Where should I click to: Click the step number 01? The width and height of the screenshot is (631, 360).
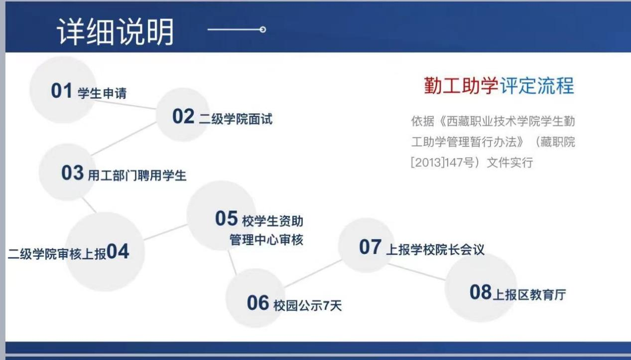(x=61, y=91)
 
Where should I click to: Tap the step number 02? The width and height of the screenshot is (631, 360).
(x=183, y=117)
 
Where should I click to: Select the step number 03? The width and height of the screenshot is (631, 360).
(x=72, y=173)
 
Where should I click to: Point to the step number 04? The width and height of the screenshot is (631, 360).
(x=118, y=251)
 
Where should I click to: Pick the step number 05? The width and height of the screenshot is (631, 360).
(x=227, y=218)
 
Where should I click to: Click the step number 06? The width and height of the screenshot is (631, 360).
(x=258, y=303)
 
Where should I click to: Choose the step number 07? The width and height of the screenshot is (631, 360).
(x=371, y=247)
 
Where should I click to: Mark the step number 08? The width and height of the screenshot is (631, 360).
(x=481, y=292)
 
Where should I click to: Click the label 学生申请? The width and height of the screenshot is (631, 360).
(x=102, y=93)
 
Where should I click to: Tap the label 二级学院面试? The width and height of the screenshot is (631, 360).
(x=236, y=119)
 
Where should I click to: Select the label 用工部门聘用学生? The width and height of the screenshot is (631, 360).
(x=137, y=175)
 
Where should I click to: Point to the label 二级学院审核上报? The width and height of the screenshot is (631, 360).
(x=57, y=254)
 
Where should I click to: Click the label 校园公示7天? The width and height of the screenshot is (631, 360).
(x=308, y=306)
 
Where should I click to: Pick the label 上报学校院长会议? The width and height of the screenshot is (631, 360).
(x=435, y=249)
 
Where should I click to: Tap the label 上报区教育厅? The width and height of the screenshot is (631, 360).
(x=529, y=295)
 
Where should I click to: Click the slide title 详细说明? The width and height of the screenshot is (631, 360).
(x=115, y=31)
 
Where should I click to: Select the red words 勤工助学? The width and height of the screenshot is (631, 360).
(x=461, y=85)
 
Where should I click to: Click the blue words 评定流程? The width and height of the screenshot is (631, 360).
(x=537, y=85)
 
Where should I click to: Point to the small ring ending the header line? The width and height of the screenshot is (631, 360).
(x=263, y=29)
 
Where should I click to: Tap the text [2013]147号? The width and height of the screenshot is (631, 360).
(x=442, y=162)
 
